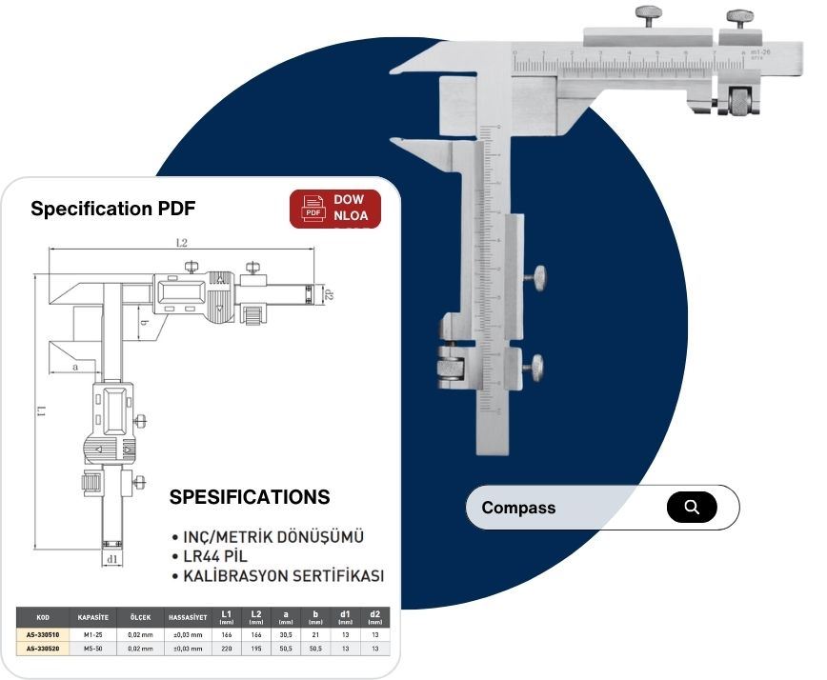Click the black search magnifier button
tap(691, 507)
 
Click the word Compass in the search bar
tap(518, 508)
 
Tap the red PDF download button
tap(334, 209)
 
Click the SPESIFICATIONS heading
tap(250, 497)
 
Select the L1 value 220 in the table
tap(226, 649)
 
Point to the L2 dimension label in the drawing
tap(181, 244)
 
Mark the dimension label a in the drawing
tap(74, 366)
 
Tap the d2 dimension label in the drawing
tap(329, 294)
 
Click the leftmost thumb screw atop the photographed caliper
tap(648, 15)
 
